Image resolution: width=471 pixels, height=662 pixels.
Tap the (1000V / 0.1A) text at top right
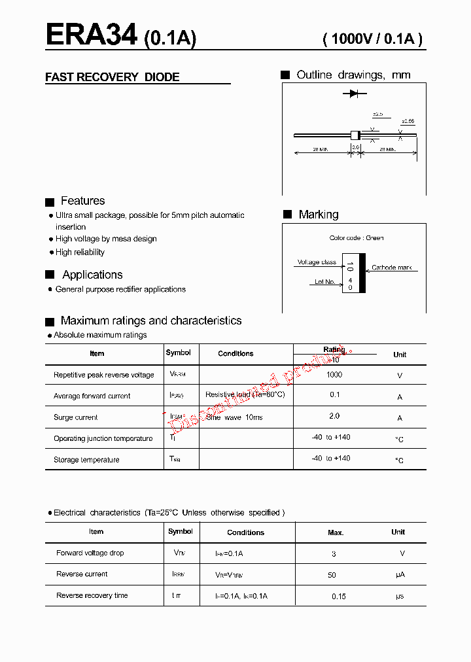(373, 39)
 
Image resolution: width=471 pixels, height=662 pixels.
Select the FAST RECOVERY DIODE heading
(112, 77)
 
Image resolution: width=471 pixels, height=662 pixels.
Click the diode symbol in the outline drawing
(354, 94)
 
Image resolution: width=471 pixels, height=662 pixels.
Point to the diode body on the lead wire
(356, 135)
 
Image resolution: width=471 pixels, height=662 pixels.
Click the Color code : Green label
(357, 238)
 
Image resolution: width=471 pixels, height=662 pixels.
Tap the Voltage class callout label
(317, 262)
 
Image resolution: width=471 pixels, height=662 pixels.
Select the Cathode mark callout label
(392, 268)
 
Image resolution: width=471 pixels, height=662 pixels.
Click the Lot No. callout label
(324, 282)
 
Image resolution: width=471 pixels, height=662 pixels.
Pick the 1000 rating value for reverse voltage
(334, 375)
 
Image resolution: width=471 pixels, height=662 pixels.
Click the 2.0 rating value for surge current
(334, 416)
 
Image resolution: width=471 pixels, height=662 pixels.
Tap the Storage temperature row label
(86, 460)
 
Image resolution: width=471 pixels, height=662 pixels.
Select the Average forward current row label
(92, 396)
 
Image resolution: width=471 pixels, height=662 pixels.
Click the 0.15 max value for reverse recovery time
(339, 597)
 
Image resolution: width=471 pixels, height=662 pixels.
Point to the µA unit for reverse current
(400, 575)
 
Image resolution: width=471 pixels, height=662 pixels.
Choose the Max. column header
(336, 532)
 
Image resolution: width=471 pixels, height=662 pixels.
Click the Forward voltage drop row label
(90, 553)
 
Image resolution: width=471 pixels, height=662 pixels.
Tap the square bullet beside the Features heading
(50, 202)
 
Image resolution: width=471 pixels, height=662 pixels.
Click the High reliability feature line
(80, 253)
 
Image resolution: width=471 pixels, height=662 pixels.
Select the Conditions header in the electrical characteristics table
(245, 532)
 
